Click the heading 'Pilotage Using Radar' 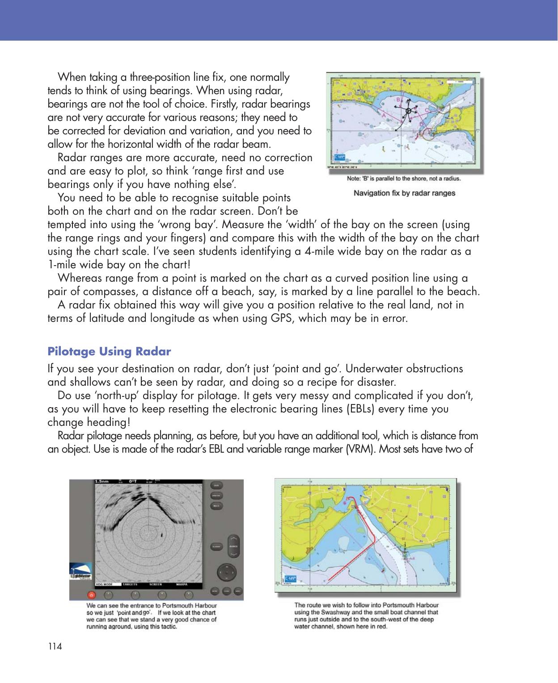point(109,352)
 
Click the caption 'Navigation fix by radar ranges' point(404,193)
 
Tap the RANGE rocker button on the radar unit point(233,546)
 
